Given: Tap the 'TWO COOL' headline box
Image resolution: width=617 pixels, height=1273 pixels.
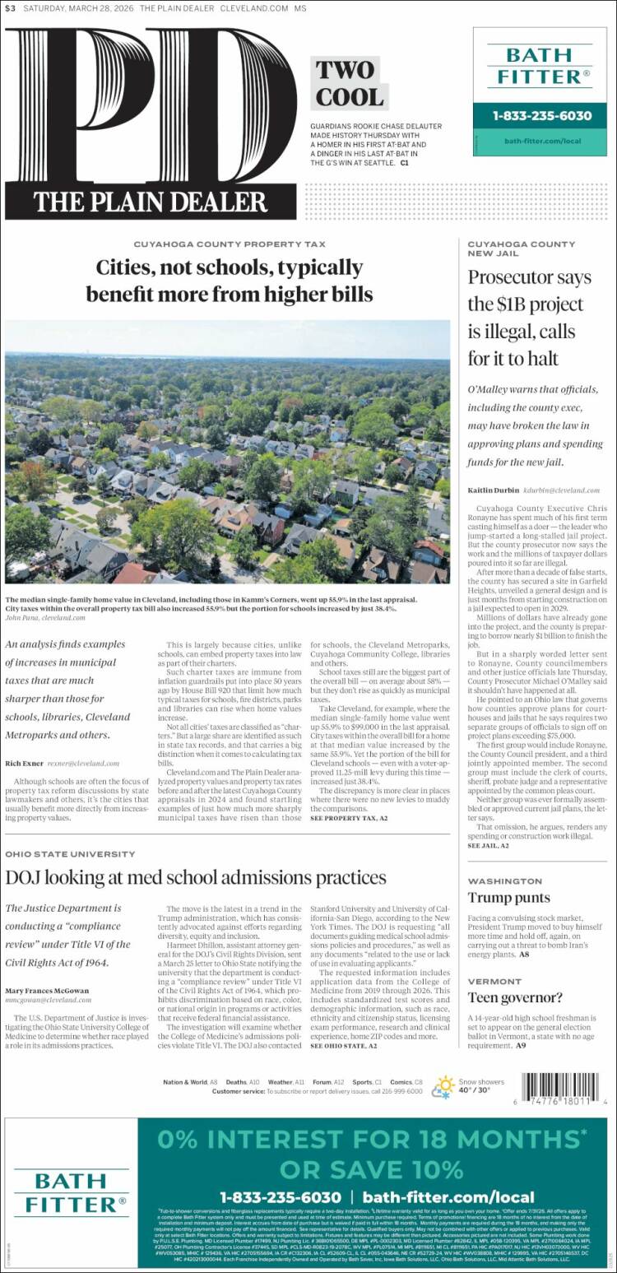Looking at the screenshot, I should [346, 84].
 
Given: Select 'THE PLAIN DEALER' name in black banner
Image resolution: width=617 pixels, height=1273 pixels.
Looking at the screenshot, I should [151, 202].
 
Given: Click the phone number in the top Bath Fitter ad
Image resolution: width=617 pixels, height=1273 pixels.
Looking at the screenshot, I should [542, 116].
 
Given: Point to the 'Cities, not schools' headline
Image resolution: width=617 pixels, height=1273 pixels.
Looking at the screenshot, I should [229, 281].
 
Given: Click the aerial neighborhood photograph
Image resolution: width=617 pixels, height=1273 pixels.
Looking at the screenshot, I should [227, 452].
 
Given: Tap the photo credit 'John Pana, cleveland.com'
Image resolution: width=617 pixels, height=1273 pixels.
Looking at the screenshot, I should [45, 616].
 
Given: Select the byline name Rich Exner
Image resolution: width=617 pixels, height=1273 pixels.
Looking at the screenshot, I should [24, 763].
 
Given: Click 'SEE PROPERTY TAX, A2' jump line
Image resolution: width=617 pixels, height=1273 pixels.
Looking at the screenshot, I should [349, 818].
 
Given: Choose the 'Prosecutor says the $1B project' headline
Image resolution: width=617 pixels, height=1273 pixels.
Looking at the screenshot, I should [529, 318].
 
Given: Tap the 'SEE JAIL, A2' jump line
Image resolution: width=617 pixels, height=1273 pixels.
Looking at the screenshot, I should [489, 845].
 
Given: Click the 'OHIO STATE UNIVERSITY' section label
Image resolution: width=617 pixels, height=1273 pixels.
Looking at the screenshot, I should [70, 854].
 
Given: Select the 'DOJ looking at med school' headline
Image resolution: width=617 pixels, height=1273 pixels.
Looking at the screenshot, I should [196, 877].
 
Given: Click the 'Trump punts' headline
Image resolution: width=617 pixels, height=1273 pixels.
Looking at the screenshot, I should [509, 898].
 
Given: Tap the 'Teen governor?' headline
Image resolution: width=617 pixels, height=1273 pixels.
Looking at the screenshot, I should [515, 998].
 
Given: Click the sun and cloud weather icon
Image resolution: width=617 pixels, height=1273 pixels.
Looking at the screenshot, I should [445, 1086].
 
